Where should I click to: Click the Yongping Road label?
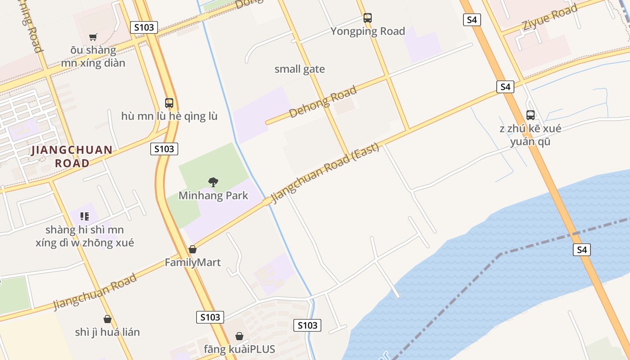pyautogui.click(x=368, y=31)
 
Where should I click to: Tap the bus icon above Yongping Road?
pyautogui.click(x=368, y=18)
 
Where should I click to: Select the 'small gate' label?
pyautogui.click(x=300, y=69)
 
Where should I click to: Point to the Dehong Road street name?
pyautogui.click(x=323, y=102)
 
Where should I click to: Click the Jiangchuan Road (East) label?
pyautogui.click(x=325, y=173)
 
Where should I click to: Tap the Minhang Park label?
pyautogui.click(x=213, y=195)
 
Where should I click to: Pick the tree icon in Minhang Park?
pyautogui.click(x=213, y=182)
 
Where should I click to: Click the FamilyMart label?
pyautogui.click(x=193, y=262)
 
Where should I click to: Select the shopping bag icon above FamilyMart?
pyautogui.click(x=193, y=249)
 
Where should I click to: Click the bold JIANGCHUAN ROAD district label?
pyautogui.click(x=72, y=156)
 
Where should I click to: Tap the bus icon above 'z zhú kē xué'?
pyautogui.click(x=531, y=115)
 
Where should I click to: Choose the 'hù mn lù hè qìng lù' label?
pyautogui.click(x=169, y=116)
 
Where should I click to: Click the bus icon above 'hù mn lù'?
pyautogui.click(x=169, y=103)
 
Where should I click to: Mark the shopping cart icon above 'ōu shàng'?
pyautogui.click(x=93, y=37)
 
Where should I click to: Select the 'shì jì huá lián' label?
pyautogui.click(x=108, y=332)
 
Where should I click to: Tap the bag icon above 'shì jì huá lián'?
pyautogui.click(x=108, y=319)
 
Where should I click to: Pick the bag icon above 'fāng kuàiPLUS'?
pyautogui.click(x=239, y=336)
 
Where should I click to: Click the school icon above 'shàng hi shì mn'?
pyautogui.click(x=85, y=216)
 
